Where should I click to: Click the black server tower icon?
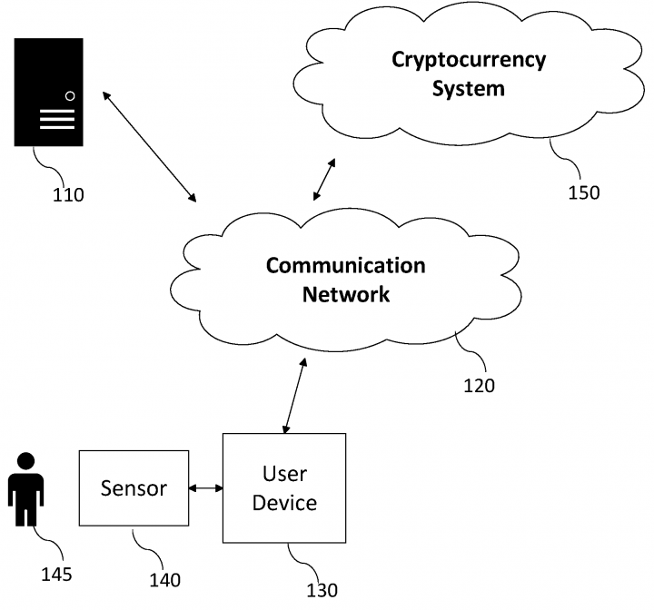pyautogui.click(x=49, y=93)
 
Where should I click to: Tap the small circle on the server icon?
pyautogui.click(x=70, y=96)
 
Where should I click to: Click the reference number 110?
pyautogui.click(x=68, y=195)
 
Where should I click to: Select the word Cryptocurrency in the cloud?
pyautogui.click(x=469, y=61)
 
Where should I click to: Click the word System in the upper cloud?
pyautogui.click(x=469, y=89)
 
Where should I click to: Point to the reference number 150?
pyautogui.click(x=584, y=192)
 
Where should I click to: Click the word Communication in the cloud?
pyautogui.click(x=346, y=266)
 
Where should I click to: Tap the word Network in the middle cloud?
pyautogui.click(x=346, y=294)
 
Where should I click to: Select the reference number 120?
pyautogui.click(x=480, y=386)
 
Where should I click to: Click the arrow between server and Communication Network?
pyautogui.click(x=149, y=147)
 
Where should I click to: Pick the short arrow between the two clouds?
pyautogui.click(x=324, y=179)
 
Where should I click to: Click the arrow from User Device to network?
pyautogui.click(x=295, y=396)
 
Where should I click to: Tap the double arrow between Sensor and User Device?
pyautogui.click(x=205, y=487)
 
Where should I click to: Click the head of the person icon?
pyautogui.click(x=25, y=462)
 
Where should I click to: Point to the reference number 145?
pyautogui.click(x=56, y=575)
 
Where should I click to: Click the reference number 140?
pyautogui.click(x=164, y=580)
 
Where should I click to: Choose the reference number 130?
pyautogui.click(x=322, y=590)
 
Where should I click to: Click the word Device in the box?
pyautogui.click(x=284, y=503)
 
